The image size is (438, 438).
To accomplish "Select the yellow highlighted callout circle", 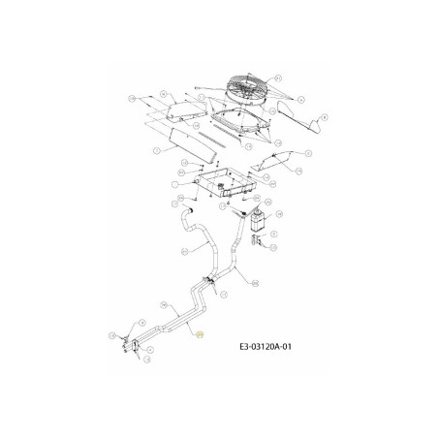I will pos(200,334).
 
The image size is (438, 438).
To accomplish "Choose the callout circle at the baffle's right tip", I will pos(324,117).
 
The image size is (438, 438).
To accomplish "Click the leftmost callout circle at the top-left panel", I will pos(131,98).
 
